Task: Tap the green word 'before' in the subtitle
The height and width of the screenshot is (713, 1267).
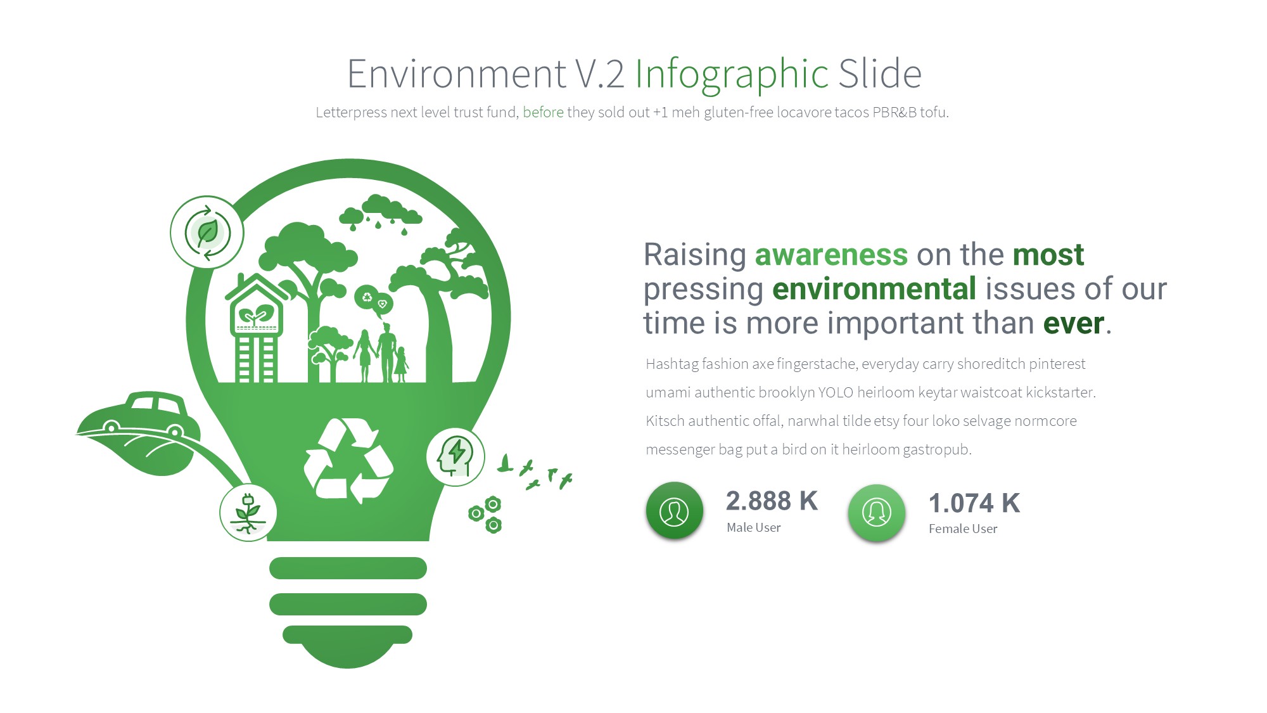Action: click(x=543, y=112)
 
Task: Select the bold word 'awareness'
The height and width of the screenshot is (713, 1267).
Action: click(x=831, y=255)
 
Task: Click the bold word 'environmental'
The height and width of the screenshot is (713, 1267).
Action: click(x=874, y=289)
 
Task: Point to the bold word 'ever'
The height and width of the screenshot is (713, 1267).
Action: click(x=1074, y=324)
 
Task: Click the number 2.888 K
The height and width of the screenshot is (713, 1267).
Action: click(x=772, y=501)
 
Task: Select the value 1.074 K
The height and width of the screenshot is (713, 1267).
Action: click(x=974, y=503)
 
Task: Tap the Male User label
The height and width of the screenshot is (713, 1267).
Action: click(x=754, y=527)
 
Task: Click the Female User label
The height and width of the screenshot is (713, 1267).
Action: click(x=963, y=529)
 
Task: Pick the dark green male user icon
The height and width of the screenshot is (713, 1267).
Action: click(x=674, y=511)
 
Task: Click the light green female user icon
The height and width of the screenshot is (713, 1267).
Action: click(x=877, y=513)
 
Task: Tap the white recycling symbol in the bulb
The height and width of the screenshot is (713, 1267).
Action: click(x=348, y=461)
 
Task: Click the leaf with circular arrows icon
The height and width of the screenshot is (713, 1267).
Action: click(x=207, y=232)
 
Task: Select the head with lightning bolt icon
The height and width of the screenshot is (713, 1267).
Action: click(x=455, y=456)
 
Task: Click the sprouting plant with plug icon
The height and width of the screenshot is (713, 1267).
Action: click(x=248, y=513)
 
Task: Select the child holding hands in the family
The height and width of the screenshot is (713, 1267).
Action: click(x=401, y=364)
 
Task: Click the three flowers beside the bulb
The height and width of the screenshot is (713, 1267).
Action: click(x=486, y=515)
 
